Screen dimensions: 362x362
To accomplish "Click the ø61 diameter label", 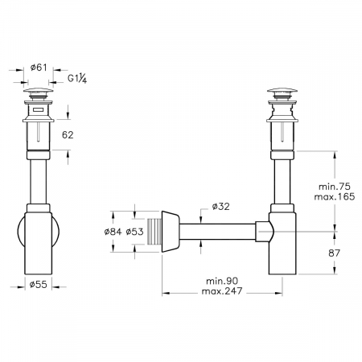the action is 39,68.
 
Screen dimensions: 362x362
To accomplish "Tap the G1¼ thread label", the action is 77,78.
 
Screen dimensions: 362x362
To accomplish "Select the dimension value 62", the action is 68,135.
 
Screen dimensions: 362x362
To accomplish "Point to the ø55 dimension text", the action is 38,285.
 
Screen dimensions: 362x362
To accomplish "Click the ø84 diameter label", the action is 113,232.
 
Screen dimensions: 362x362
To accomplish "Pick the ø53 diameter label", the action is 134,232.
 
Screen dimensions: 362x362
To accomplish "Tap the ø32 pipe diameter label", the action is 220,207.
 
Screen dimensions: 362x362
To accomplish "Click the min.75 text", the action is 335,187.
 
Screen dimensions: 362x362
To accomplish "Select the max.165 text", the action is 335,197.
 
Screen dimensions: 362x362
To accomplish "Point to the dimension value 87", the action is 334,253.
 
